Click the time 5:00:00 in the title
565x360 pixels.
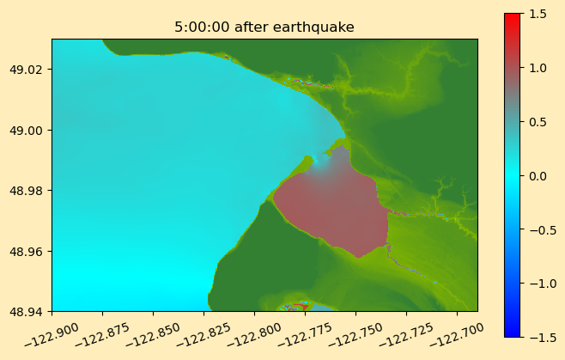pyautogui.click(x=202, y=27)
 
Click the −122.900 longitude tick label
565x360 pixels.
pyautogui.click(x=52, y=334)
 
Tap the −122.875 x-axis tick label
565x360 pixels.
pyautogui.click(x=102, y=334)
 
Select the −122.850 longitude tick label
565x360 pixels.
pyautogui.click(x=153, y=334)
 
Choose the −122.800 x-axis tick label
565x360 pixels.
pyautogui.click(x=254, y=334)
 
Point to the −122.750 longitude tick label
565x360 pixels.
pyautogui.click(x=355, y=334)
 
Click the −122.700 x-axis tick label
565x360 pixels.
pyautogui.click(x=457, y=334)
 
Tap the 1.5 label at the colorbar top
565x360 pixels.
pyautogui.click(x=538, y=14)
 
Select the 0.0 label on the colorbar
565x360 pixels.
pyautogui.click(x=538, y=176)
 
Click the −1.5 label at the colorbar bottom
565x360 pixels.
pyautogui.click(x=543, y=338)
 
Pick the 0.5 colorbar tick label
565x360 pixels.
pyautogui.click(x=538, y=122)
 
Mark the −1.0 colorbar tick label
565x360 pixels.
pyautogui.click(x=543, y=284)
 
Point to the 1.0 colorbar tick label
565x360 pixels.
pyautogui.click(x=538, y=68)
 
